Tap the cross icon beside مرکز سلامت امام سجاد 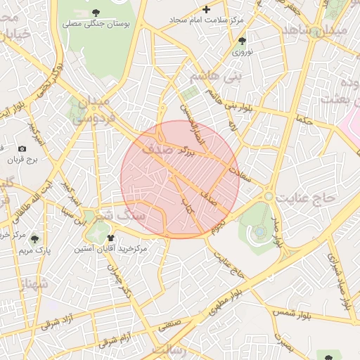tap(206, 9)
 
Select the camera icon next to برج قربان tap(22, 148)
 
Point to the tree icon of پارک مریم tap(35, 239)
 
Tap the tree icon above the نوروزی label tap(243, 41)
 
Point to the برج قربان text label tap(22, 160)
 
